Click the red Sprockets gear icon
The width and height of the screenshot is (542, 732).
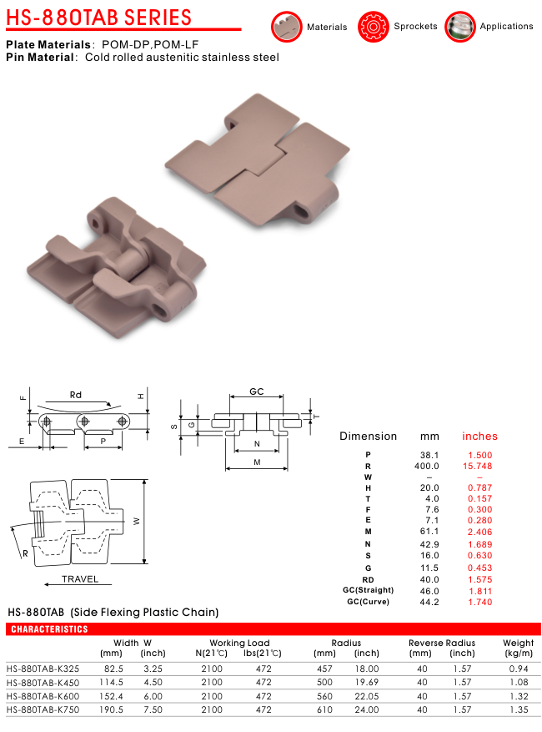coord(373,27)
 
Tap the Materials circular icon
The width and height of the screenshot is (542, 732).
coord(286,27)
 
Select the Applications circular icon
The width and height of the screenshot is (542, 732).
coord(460,27)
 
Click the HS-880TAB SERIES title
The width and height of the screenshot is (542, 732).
coord(99,18)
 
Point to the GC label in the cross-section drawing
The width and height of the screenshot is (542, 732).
coord(257,391)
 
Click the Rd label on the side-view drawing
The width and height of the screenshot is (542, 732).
coord(76,395)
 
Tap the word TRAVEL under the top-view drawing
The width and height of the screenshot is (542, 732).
coord(80,579)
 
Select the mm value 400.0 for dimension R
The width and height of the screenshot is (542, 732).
coord(427,466)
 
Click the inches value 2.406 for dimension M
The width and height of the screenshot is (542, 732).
coord(480,532)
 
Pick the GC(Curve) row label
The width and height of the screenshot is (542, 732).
coord(368,602)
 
